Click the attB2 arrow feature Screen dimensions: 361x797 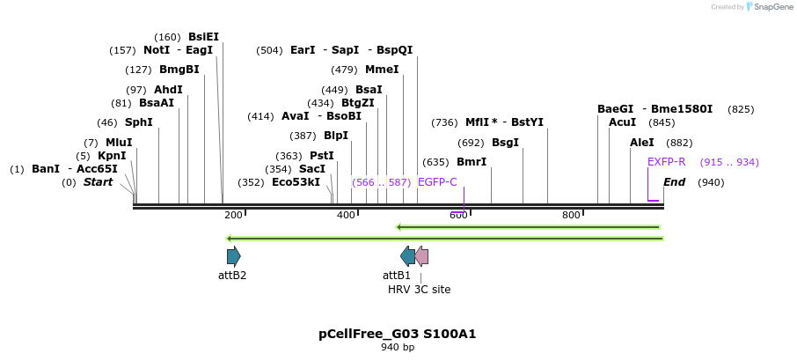tap(233, 256)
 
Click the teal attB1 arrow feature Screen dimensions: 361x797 tap(407, 256)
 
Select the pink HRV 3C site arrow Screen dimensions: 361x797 tap(421, 256)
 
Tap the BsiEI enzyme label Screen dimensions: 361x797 tap(203, 37)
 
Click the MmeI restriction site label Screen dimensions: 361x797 tap(382, 70)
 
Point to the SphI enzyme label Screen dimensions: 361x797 tap(138, 122)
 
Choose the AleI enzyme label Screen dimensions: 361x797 tap(642, 143)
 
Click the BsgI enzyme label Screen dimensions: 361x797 tap(505, 142)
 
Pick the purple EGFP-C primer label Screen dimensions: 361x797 tap(437, 182)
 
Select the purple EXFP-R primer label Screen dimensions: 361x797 tap(666, 162)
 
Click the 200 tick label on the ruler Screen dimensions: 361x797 tap(233, 215)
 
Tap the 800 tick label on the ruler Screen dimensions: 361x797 tap(571, 215)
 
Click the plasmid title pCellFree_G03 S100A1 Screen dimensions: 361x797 tap(398, 334)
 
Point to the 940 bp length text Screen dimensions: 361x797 tap(398, 348)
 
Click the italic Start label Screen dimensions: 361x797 tap(98, 182)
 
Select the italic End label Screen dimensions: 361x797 tap(674, 182)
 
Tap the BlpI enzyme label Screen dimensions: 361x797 tap(336, 136)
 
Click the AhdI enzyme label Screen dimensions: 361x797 tap(168, 90)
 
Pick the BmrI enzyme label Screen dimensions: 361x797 tap(472, 162)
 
